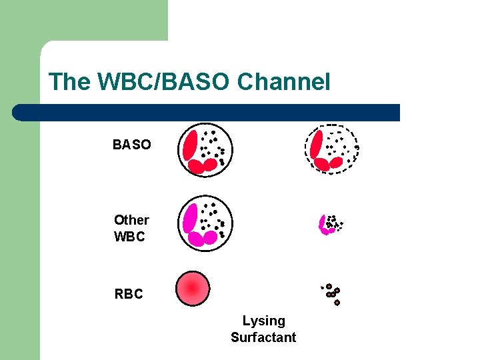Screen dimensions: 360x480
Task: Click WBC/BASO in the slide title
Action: [164, 82]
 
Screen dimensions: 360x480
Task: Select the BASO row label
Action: [131, 145]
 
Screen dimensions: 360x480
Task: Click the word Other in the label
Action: [131, 220]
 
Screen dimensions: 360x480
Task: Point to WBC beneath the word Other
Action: [129, 237]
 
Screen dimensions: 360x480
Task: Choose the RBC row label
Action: [129, 294]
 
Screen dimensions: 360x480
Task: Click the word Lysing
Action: [263, 321]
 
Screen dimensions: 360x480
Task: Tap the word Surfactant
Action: [263, 337]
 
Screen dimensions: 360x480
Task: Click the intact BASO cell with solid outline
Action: [204, 149]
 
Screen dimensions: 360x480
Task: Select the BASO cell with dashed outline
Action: [331, 149]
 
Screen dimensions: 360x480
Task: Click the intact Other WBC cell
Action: [204, 222]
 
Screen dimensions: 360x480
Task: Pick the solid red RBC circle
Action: [193, 288]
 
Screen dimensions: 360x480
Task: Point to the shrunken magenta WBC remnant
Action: [329, 225]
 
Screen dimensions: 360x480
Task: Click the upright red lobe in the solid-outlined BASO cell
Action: [190, 145]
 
